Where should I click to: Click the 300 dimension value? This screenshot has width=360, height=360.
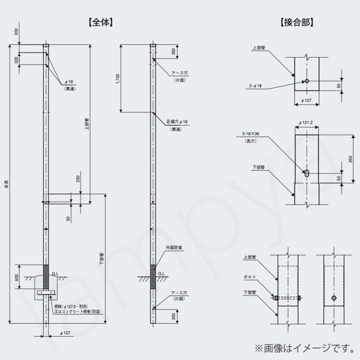coord(17,60)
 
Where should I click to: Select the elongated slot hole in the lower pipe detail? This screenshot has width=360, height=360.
coord(307,173)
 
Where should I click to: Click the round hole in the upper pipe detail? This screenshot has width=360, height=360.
coord(307,81)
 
